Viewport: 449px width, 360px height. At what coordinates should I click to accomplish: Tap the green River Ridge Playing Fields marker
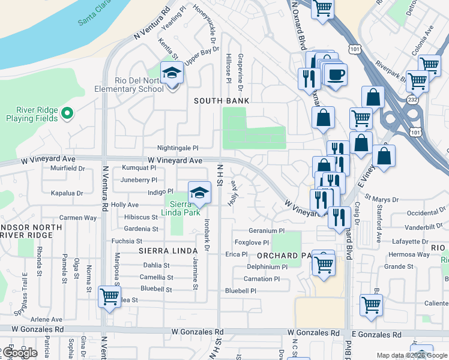(67, 112)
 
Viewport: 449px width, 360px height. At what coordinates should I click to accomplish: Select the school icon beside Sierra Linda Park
(199, 193)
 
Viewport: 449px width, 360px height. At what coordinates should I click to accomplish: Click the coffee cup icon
(336, 75)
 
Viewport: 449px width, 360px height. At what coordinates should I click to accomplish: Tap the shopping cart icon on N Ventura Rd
(109, 296)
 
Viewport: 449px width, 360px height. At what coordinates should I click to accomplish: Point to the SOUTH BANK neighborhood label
(221, 101)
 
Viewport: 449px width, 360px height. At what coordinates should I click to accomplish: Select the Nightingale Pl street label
(177, 148)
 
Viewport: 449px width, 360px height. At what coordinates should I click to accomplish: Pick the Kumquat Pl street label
(139, 169)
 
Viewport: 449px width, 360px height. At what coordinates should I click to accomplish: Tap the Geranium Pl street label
(267, 231)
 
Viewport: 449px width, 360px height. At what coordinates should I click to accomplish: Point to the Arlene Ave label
(47, 320)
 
